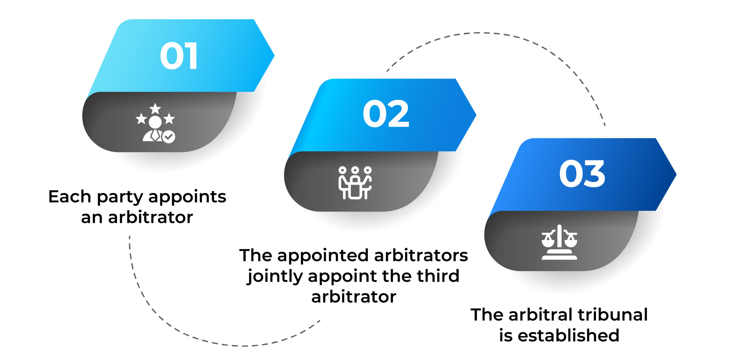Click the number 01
179,55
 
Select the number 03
582,174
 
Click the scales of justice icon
559,242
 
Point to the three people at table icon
355,183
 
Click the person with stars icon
155,123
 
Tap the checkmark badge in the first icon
169,137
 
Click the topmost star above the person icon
155,108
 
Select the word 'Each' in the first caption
70,196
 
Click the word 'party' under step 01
120,198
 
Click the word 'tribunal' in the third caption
613,314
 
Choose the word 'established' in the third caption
568,335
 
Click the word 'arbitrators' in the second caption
421,255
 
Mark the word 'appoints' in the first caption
187,198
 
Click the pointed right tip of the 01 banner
274,55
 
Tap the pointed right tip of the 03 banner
677,174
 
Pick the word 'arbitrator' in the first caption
150,217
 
